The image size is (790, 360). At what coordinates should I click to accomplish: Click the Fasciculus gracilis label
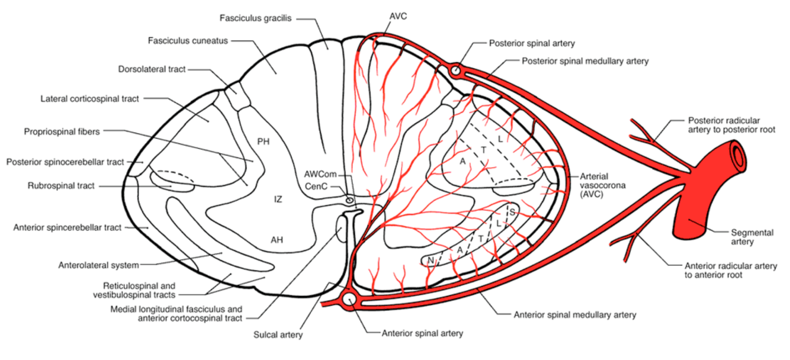pos(255,18)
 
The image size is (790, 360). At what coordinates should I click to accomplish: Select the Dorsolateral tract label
pos(152,69)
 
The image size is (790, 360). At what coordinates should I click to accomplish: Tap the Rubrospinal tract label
pos(61,186)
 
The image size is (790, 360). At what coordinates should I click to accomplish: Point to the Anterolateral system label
pos(99,265)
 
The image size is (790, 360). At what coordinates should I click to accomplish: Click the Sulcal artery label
pos(278,335)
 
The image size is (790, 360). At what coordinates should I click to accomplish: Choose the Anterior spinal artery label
pos(422,333)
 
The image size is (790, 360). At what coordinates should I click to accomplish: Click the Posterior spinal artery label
pos(532,43)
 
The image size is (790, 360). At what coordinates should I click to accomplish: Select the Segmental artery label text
pos(752,237)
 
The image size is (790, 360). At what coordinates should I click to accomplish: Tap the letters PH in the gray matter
pos(263,142)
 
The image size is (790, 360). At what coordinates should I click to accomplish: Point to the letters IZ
pos(278,200)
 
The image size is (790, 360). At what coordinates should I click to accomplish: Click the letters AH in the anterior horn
pos(277,240)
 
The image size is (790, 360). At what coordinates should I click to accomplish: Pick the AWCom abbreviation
pos(320,174)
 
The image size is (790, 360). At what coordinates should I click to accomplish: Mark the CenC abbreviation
pos(316,187)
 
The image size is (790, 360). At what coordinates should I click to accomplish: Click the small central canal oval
pos(349,200)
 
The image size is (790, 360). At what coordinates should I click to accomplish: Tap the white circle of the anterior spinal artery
pos(349,300)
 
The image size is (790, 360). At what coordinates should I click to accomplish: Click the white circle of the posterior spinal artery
pos(455,70)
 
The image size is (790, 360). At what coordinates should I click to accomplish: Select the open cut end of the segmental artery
pos(738,154)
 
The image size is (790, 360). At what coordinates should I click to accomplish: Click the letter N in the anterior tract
pos(431,261)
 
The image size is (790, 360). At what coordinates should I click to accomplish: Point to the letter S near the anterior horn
pos(512,212)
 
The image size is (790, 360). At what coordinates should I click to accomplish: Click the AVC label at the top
pos(398,16)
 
